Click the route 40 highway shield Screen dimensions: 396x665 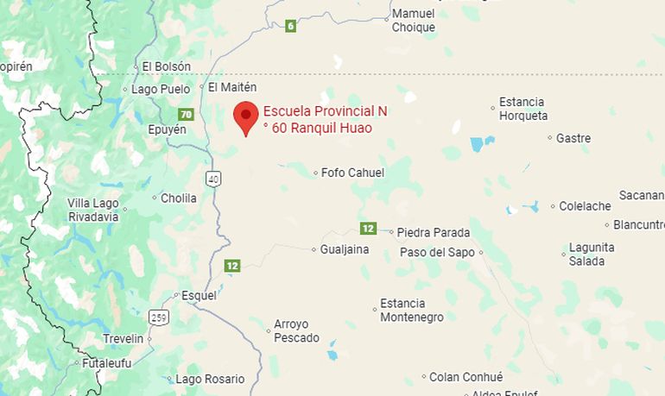coord(214,179)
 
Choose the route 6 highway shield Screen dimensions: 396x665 coord(291,26)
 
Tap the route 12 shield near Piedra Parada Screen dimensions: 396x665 coord(369,228)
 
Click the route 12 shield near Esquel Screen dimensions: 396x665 coord(231,266)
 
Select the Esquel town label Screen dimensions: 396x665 coord(199,295)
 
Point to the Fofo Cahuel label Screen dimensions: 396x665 coord(352,173)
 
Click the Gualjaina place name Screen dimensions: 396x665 coord(345,249)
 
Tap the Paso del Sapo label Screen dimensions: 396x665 coord(437,253)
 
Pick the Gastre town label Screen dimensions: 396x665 coord(573,138)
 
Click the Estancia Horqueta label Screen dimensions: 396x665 coord(522,109)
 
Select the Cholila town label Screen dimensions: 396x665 coord(179,198)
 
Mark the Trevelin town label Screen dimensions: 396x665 coord(123,338)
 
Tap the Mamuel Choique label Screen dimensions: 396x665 coord(414,21)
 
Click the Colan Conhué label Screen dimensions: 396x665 coord(465,377)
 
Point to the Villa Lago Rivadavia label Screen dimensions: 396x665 coord(93,210)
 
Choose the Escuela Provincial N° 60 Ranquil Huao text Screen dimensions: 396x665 coord(324,120)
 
